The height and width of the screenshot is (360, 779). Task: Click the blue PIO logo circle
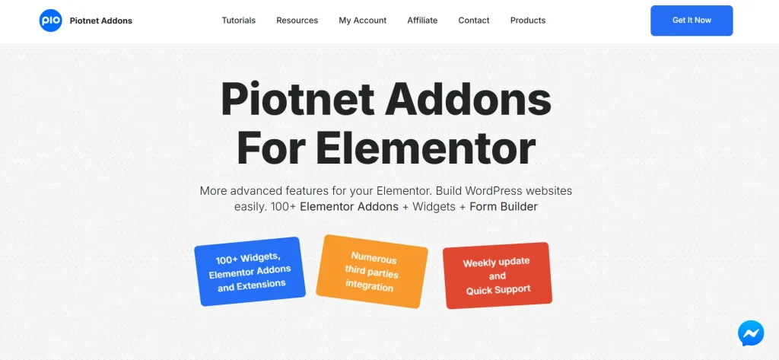coord(50,21)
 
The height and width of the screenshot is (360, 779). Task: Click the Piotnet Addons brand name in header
coord(100,21)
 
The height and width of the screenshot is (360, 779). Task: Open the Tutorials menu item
coord(238,21)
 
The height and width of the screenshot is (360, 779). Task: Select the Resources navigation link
coord(297,21)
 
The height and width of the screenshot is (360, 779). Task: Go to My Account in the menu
coord(362,21)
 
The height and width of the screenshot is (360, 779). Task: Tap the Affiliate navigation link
coord(422,21)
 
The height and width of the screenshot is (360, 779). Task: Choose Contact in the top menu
coord(473,21)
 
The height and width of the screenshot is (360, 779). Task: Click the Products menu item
coord(527,21)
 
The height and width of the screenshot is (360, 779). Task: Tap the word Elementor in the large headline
coord(425,148)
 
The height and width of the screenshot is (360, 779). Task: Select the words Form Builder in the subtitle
coord(503,207)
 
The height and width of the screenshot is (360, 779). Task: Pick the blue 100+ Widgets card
coord(250,271)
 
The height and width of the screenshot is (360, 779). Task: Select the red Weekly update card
coord(497,275)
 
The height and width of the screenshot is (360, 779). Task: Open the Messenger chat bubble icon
coord(750,333)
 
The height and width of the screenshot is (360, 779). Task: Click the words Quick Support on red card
coord(498,290)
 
